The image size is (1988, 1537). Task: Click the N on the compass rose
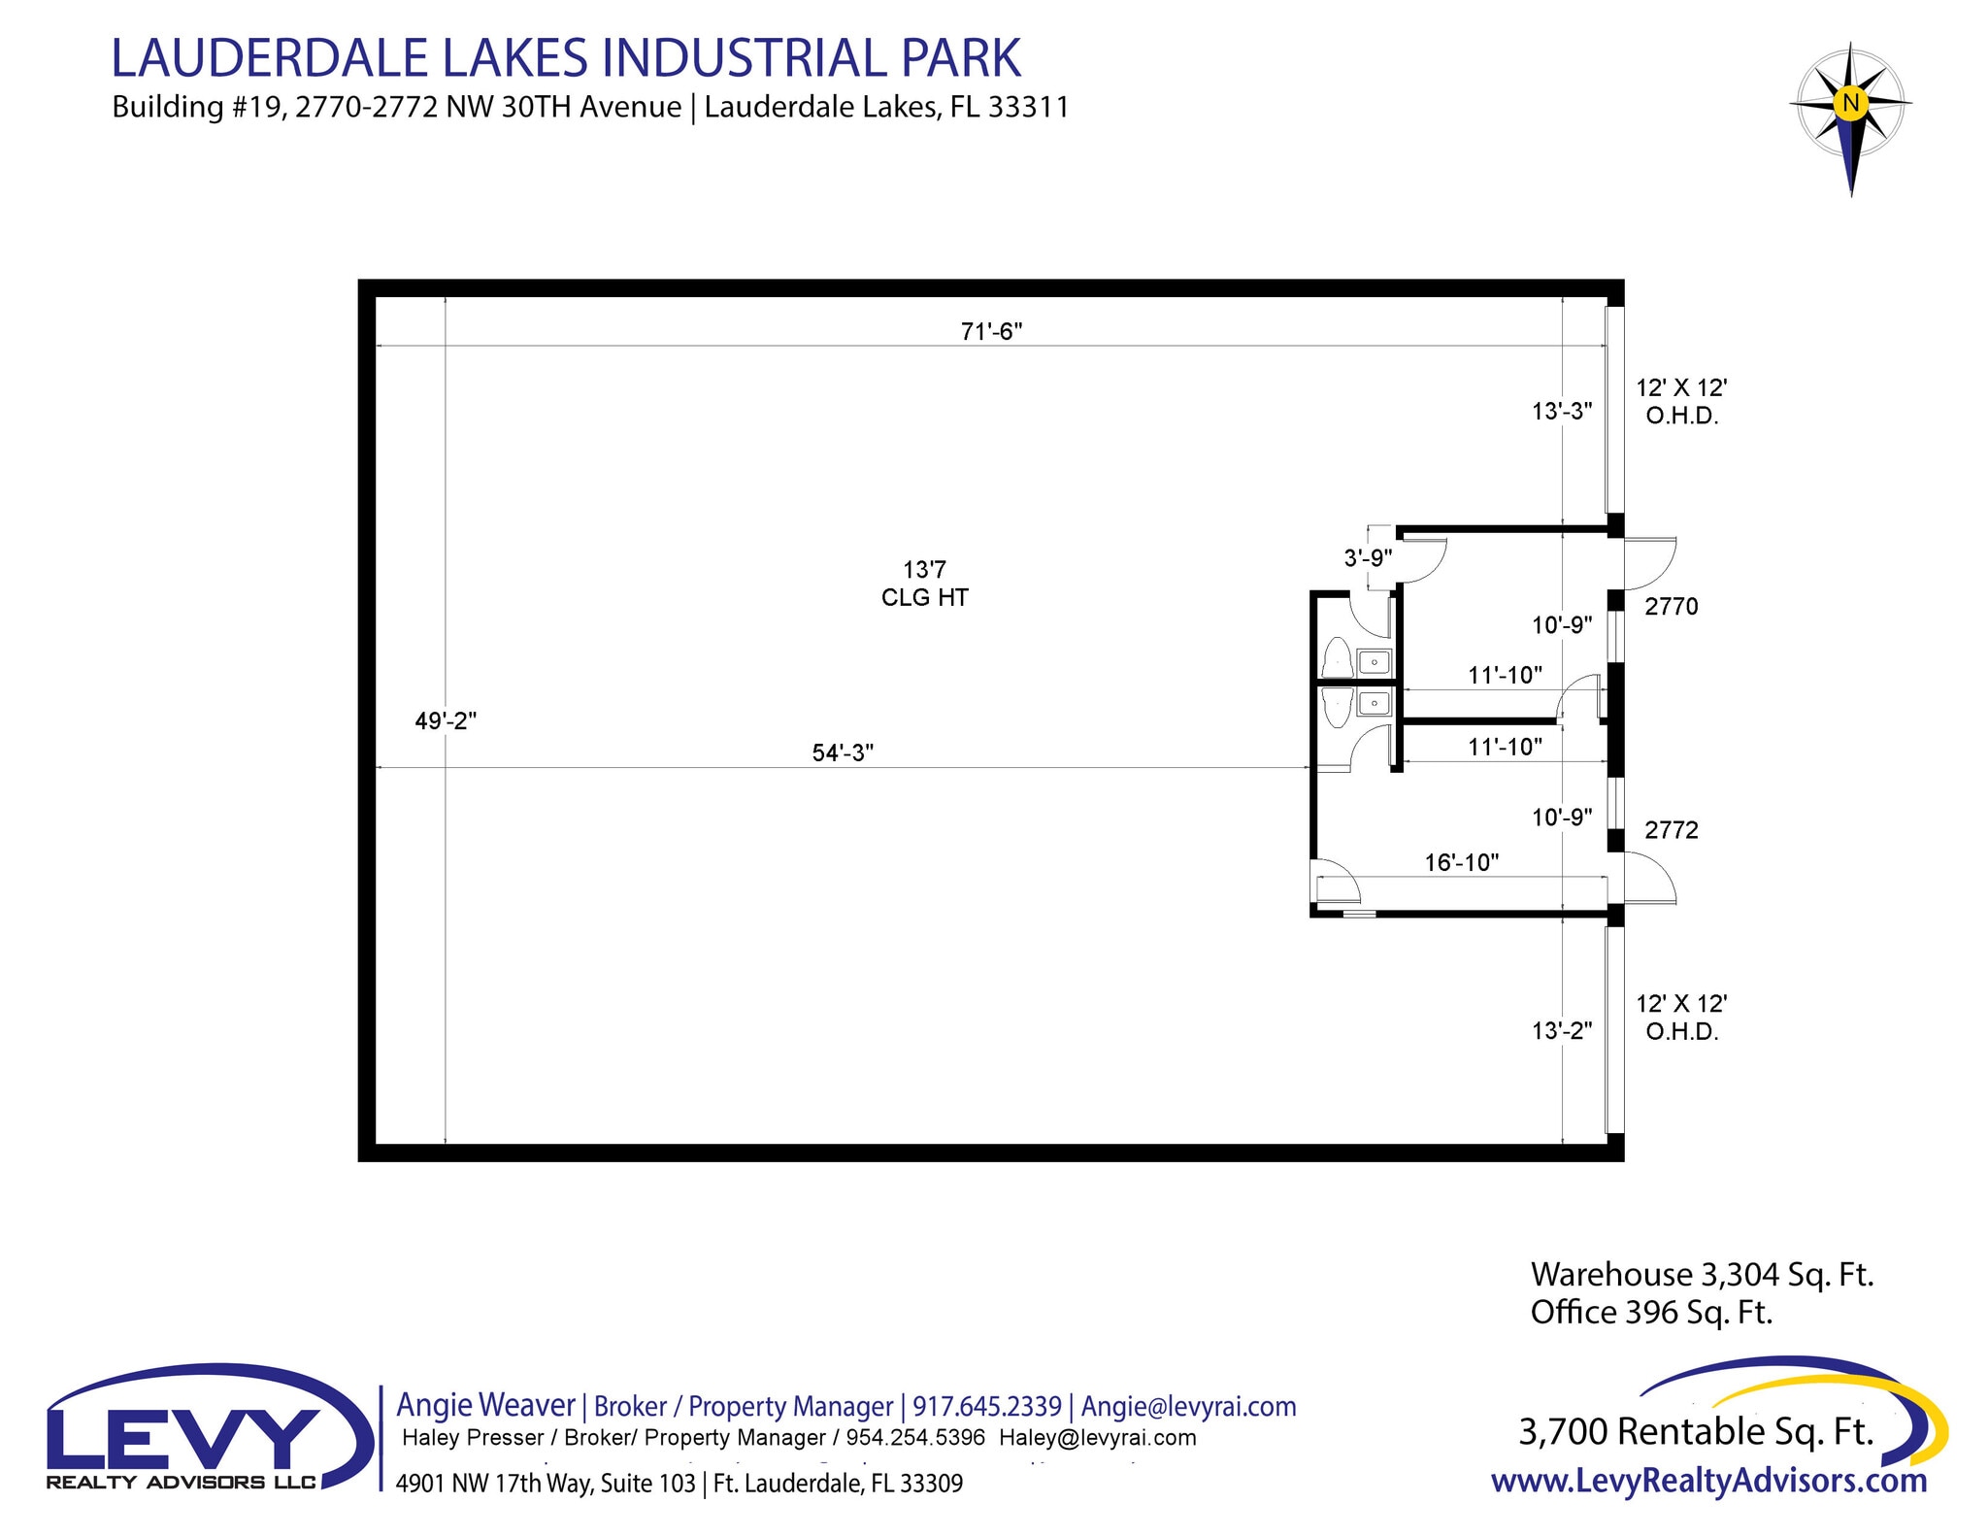(1850, 102)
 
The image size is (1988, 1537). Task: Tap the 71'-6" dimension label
(991, 332)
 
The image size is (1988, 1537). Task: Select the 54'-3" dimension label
(843, 752)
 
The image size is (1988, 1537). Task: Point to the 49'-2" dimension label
(446, 721)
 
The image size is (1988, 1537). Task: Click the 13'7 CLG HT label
(924, 584)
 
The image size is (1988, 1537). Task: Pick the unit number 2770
(1671, 607)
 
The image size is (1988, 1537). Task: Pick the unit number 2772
(1671, 830)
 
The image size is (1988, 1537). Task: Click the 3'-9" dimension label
(1368, 558)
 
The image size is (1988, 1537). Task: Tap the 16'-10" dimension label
(1461, 862)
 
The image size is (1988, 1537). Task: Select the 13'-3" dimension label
(1562, 412)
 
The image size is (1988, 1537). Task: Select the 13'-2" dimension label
(1562, 1031)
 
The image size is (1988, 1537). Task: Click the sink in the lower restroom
(1374, 703)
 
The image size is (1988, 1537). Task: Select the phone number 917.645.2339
(986, 1406)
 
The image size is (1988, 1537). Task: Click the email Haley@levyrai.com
(1097, 1438)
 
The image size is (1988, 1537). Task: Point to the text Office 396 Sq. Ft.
(1651, 1313)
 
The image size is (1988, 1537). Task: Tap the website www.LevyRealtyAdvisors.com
(1708, 1481)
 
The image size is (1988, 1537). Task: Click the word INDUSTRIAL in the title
(746, 58)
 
